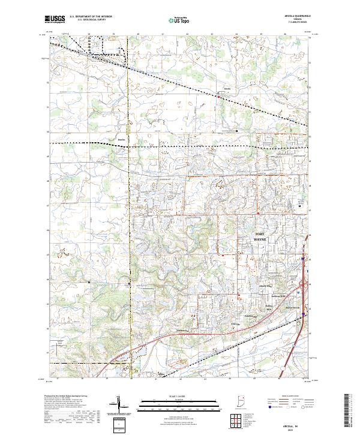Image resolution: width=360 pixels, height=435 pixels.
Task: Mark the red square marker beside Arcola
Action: tap(218, 95)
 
